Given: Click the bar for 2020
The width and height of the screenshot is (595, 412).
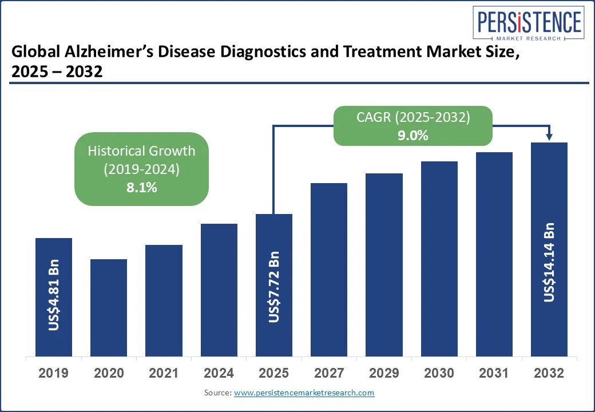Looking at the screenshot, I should tap(109, 307).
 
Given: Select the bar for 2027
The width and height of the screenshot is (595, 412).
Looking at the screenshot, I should tap(329, 270).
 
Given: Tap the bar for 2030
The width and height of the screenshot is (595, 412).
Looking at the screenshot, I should tap(439, 259).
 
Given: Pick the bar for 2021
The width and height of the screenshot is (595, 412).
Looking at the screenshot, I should tap(164, 300).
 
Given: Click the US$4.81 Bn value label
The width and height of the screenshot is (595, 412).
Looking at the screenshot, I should tap(54, 295).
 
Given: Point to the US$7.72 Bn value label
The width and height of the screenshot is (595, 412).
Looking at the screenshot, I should tap(274, 287).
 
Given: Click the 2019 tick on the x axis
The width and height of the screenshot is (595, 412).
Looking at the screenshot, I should tap(54, 374).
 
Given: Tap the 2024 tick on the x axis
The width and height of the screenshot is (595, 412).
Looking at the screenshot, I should tap(219, 374).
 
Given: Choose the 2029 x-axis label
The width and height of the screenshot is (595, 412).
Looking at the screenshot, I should tap(384, 374).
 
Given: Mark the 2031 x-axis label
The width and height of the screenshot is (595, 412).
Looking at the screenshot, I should tap(494, 374).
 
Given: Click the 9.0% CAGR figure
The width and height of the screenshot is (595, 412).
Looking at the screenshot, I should tap(414, 136).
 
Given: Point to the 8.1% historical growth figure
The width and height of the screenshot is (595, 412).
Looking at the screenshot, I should tap(141, 187).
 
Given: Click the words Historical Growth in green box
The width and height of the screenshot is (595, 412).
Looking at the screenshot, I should tap(141, 151).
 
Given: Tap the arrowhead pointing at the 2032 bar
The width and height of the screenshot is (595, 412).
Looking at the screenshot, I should tap(549, 137).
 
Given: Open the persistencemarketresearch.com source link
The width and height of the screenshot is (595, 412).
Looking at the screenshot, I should tap(304, 393).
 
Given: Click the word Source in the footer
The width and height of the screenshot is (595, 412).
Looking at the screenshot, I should tap(217, 393).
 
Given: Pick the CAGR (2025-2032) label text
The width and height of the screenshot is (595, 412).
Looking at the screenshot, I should tap(414, 117).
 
